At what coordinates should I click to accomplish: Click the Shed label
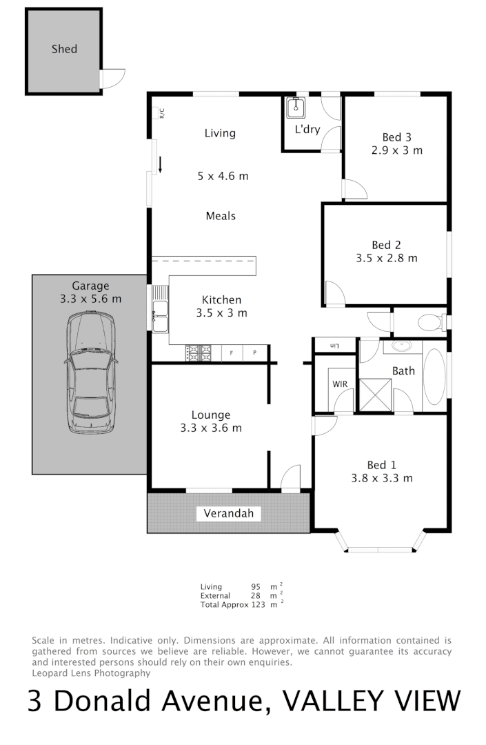pos(64,49)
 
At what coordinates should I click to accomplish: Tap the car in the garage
pos(90,372)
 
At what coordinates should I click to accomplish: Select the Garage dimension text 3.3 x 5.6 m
pos(90,299)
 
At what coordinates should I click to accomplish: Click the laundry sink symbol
pos(296,107)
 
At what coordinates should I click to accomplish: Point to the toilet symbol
pos(432,322)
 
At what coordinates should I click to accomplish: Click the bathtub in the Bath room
pos(434,377)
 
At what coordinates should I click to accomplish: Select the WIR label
pos(339,384)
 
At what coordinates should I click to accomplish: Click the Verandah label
pos(229,513)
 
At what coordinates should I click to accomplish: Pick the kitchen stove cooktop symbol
pos(199,353)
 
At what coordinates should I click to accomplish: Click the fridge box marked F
pos(231,353)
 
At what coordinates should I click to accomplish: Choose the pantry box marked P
pos(254,353)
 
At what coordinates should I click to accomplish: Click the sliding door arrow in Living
pos(160,164)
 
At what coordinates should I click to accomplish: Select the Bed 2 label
pos(386,245)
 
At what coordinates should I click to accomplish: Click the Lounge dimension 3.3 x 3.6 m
pos(211,428)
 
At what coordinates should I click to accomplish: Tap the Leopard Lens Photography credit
pos(91,673)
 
